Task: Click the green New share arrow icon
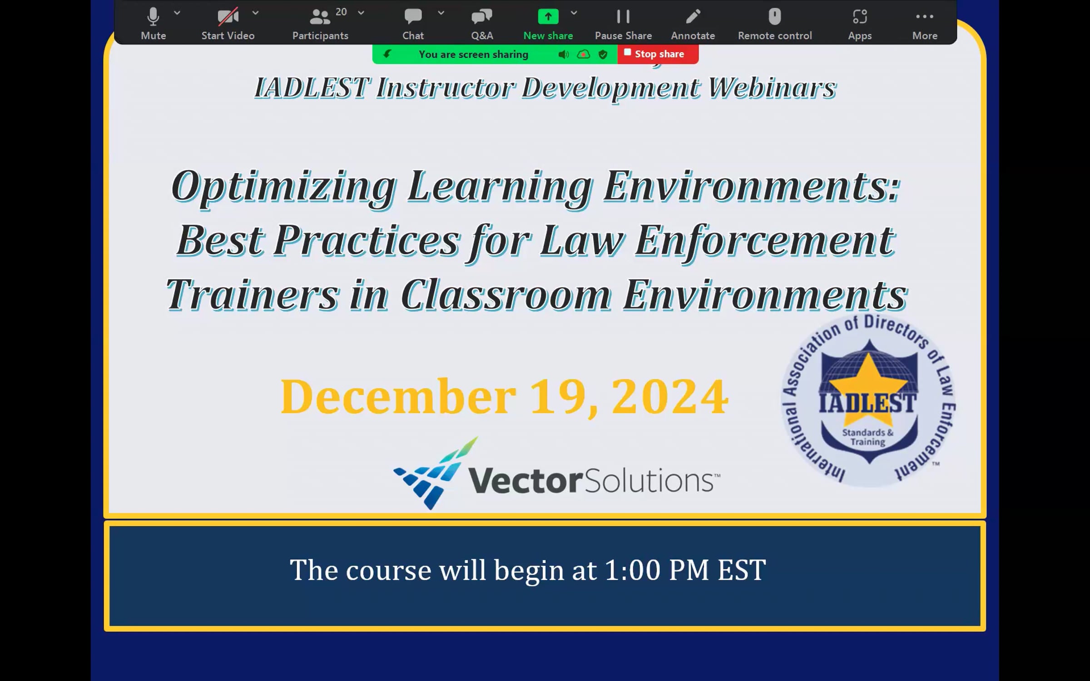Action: [548, 17]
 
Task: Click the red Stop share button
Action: [658, 54]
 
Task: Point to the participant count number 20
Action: [341, 12]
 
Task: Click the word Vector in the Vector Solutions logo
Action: [525, 480]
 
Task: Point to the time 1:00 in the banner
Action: [633, 570]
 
